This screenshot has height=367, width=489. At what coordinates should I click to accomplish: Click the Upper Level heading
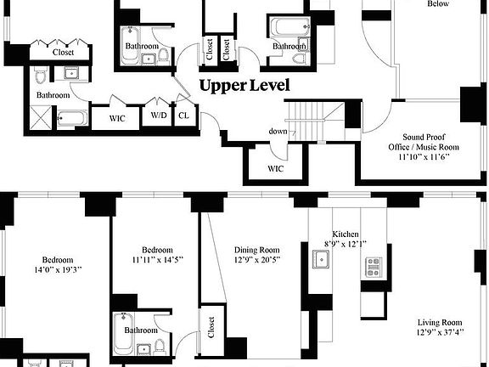[244, 86]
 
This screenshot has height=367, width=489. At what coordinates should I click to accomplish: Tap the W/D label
[159, 115]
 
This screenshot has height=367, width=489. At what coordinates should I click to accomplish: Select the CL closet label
[183, 116]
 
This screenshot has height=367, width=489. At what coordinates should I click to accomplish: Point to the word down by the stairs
[278, 131]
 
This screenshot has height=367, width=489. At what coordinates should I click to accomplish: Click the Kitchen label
[346, 234]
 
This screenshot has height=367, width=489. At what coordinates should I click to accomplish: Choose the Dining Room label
[256, 250]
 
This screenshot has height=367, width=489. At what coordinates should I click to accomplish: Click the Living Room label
[440, 322]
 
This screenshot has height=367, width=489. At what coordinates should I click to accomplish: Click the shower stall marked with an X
[42, 117]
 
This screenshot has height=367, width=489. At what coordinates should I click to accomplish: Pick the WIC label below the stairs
[275, 167]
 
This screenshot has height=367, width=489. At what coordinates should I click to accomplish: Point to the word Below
[438, 3]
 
